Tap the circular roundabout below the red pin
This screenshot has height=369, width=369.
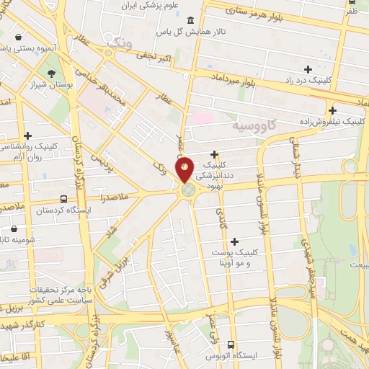[189, 190]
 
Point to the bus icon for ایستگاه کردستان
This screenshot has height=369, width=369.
[64, 199]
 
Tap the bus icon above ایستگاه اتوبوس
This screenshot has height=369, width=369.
[231, 344]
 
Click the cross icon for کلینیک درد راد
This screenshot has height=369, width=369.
[308, 69]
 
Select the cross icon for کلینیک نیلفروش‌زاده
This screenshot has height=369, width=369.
[332, 110]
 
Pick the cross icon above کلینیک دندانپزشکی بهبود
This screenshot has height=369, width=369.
[215, 154]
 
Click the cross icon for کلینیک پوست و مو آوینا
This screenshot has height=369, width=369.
[235, 241]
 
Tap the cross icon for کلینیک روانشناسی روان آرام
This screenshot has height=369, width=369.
[27, 135]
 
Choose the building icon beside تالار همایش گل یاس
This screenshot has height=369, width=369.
[190, 20]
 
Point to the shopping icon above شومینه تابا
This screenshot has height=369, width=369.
[14, 229]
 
